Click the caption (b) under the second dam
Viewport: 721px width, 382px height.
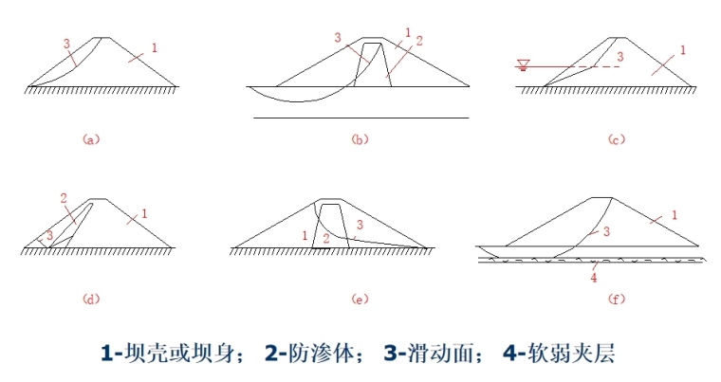360,139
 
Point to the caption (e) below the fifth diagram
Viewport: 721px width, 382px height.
360,300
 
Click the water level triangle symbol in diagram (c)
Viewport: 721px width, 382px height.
522,64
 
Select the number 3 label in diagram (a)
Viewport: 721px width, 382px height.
65,43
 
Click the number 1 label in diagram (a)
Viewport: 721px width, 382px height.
154,46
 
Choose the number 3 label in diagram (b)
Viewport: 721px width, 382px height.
337,37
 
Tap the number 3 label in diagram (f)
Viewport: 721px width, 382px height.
605,230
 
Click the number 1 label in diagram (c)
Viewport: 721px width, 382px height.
682,48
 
